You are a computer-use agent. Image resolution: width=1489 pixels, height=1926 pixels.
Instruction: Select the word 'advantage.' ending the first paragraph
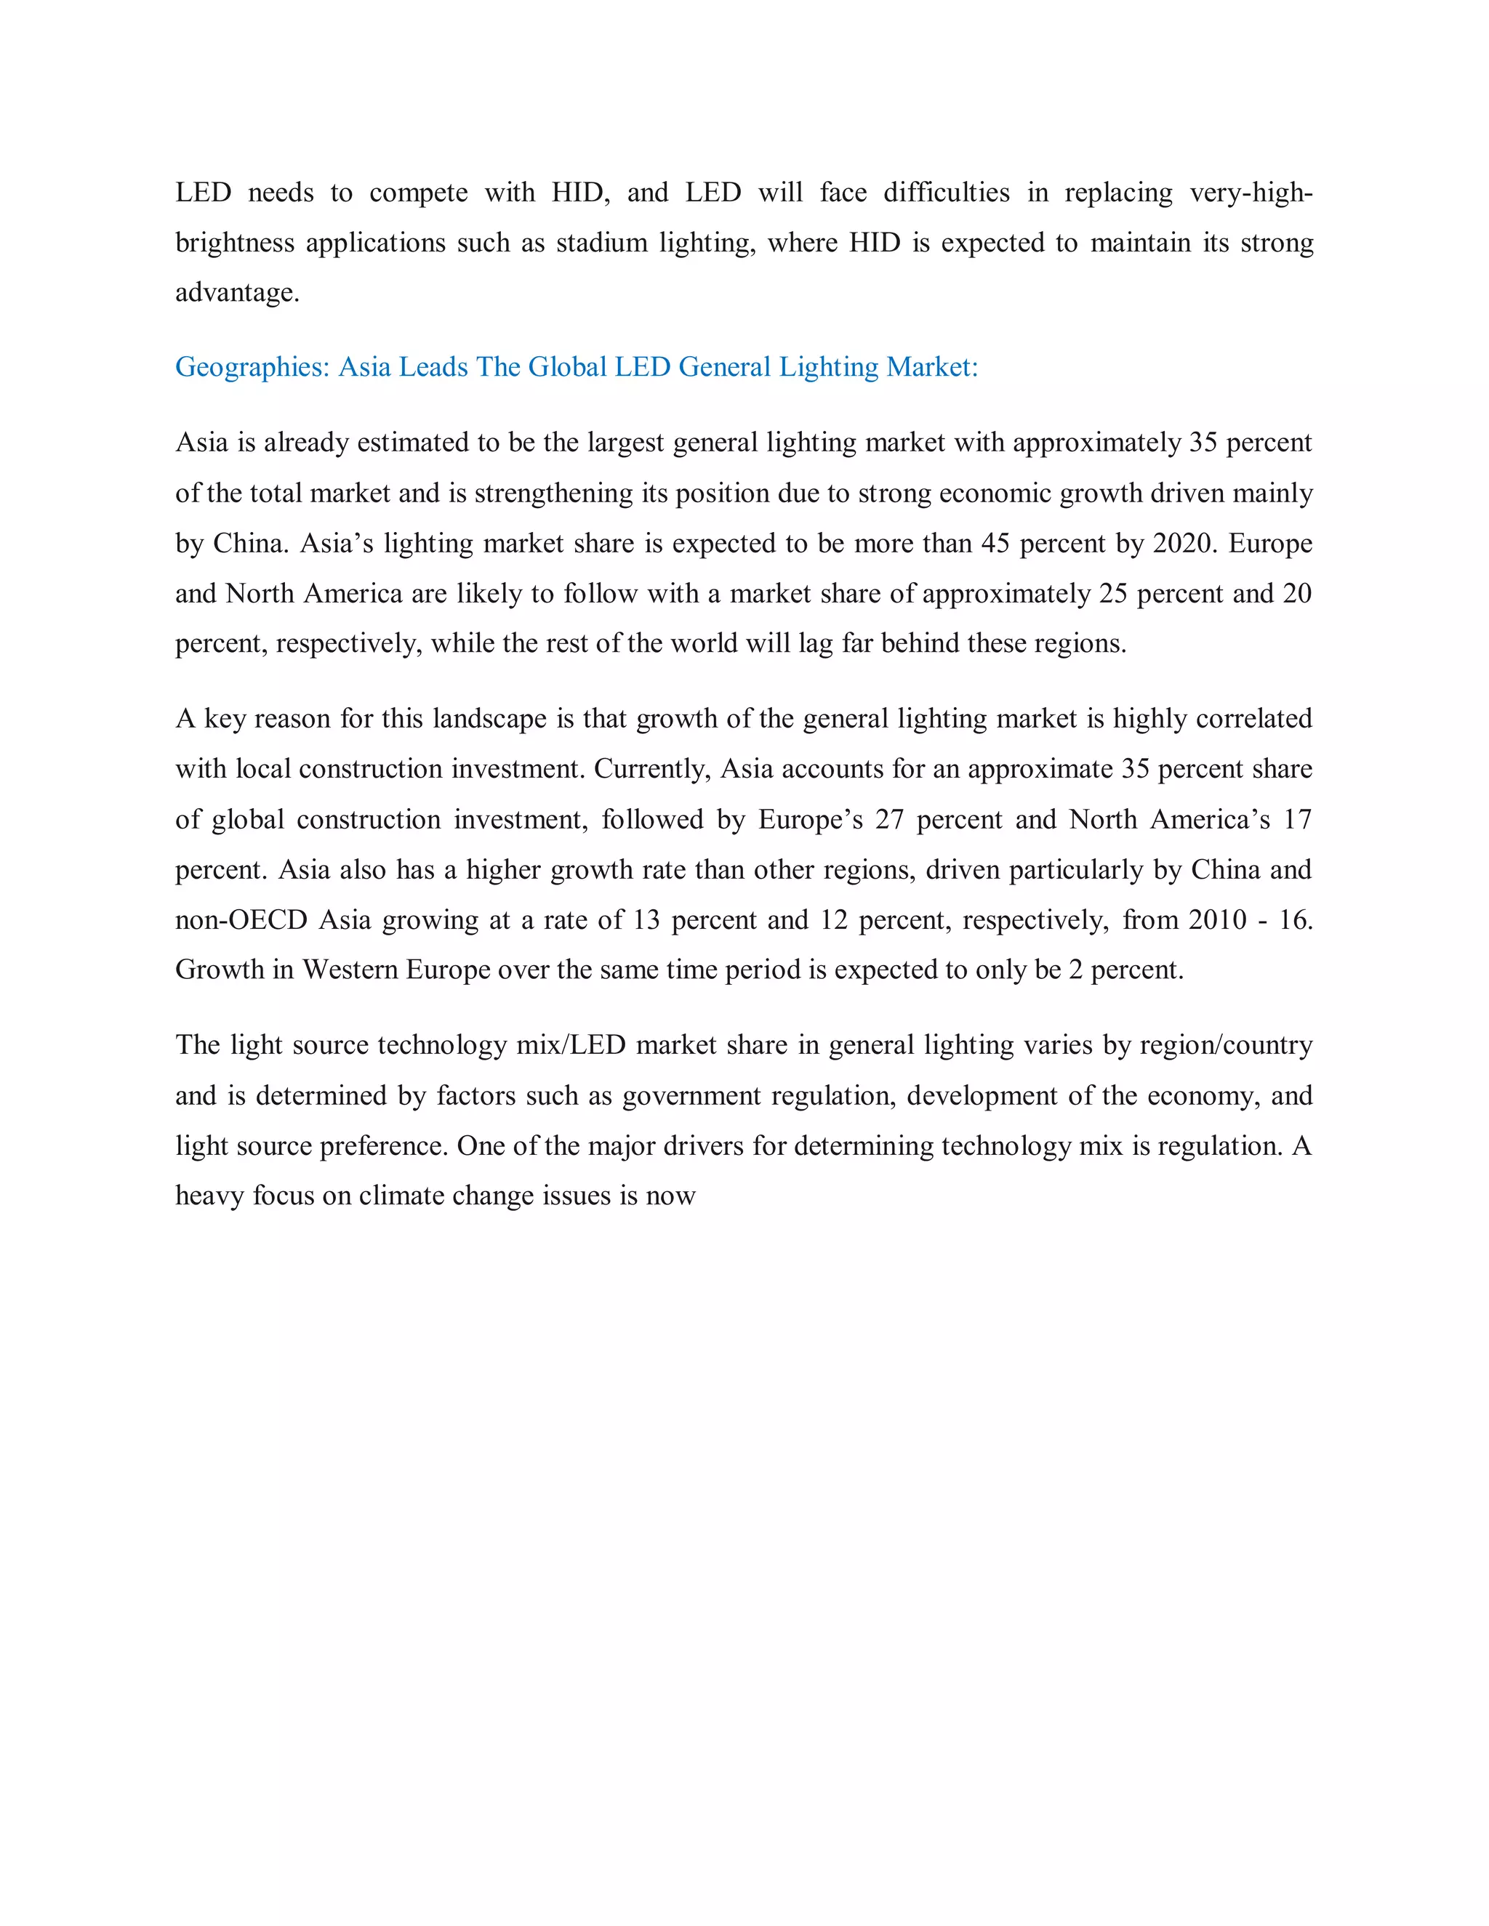(x=237, y=293)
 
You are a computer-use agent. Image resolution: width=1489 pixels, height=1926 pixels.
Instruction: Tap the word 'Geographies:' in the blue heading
(x=252, y=367)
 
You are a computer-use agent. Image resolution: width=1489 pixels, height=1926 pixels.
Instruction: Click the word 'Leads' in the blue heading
(x=433, y=367)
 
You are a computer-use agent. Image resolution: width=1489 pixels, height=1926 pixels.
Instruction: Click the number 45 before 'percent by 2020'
(x=995, y=543)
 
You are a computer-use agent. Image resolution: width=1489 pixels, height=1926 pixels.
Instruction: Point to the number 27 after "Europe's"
(x=889, y=819)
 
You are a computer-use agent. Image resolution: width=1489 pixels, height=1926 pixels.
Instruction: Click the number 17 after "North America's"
(x=1297, y=819)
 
